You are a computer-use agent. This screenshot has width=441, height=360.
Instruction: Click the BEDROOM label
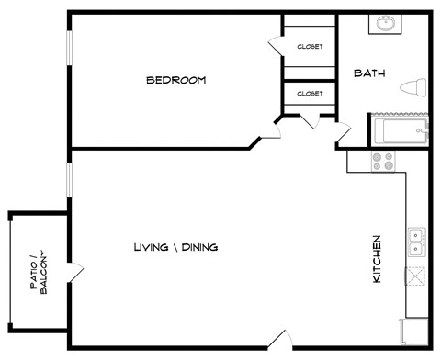point(175,81)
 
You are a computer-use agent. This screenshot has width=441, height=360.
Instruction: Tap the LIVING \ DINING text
point(175,248)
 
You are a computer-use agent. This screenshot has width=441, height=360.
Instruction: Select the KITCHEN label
point(377,258)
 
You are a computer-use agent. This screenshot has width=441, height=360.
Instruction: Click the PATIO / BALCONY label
point(38,273)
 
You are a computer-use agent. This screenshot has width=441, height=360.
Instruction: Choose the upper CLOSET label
point(310,47)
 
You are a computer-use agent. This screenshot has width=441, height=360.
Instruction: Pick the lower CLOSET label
point(310,93)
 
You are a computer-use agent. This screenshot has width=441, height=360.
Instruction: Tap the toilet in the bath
point(414,88)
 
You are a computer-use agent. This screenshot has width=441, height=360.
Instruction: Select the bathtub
point(400,130)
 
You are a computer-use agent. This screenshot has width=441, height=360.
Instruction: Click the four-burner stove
point(382,162)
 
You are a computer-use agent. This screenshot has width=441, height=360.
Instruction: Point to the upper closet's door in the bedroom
point(275,45)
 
